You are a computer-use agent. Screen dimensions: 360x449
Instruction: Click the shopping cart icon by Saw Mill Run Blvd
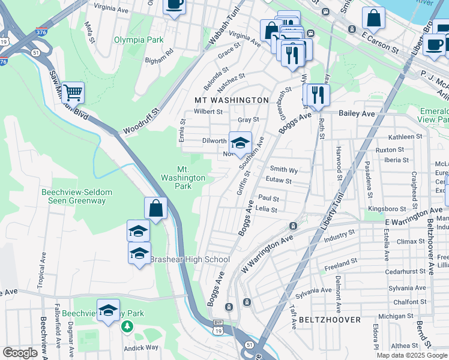(x=73, y=92)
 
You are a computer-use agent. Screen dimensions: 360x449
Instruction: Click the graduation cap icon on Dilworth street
(x=240, y=143)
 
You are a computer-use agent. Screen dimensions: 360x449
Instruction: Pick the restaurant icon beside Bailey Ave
(x=317, y=95)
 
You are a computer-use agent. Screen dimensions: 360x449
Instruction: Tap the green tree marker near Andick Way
(x=127, y=327)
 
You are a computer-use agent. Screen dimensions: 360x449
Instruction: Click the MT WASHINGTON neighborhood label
(x=231, y=100)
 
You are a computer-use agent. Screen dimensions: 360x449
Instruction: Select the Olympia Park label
(x=139, y=40)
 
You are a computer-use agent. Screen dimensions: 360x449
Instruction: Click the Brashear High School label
(x=190, y=259)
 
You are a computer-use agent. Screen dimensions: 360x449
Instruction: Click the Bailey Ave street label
(x=357, y=113)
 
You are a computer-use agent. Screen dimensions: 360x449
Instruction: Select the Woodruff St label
(x=142, y=121)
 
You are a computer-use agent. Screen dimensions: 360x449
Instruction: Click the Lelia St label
(x=266, y=210)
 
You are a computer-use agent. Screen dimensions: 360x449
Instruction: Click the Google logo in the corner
(x=20, y=353)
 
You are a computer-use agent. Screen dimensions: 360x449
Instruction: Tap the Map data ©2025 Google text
(x=411, y=355)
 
